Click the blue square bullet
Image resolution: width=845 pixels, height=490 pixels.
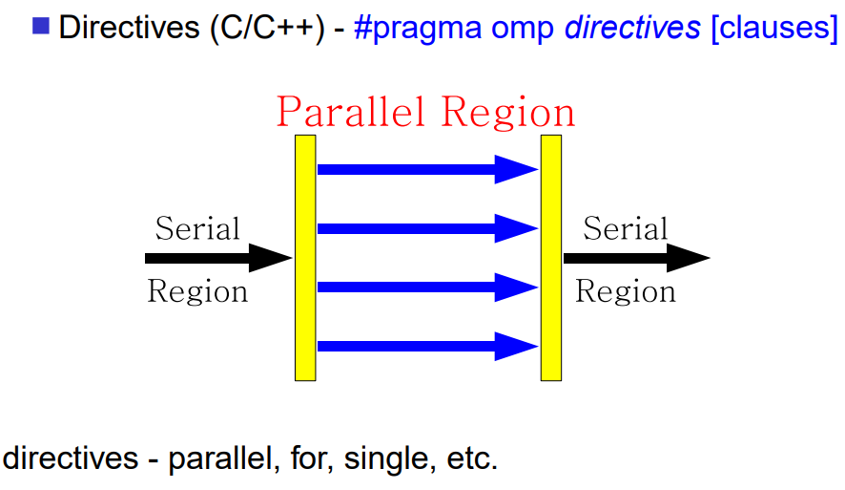click(x=41, y=26)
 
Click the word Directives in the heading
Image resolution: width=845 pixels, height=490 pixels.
click(x=129, y=27)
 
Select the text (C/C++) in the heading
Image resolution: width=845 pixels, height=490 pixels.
click(x=267, y=28)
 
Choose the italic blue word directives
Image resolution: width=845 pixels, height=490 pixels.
click(x=632, y=28)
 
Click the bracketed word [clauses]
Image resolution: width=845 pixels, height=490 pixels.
click(x=774, y=28)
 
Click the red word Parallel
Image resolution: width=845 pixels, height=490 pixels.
click(x=350, y=112)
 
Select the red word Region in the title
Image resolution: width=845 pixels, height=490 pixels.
click(x=508, y=114)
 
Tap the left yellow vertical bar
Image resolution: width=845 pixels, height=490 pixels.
click(x=305, y=258)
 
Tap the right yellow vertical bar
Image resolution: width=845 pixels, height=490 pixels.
click(x=550, y=258)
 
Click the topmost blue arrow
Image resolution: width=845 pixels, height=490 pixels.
click(x=428, y=169)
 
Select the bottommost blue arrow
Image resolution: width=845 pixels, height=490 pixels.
click(x=428, y=347)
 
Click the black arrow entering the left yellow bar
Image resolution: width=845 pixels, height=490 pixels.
click(x=218, y=258)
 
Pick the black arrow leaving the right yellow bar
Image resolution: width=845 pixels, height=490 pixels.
click(x=637, y=258)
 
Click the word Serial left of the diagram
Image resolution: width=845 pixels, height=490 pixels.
click(x=197, y=228)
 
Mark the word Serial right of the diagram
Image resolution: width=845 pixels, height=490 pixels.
click(x=625, y=228)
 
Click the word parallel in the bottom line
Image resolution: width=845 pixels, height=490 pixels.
click(x=224, y=459)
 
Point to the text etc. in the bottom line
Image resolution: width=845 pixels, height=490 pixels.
click(x=472, y=459)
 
